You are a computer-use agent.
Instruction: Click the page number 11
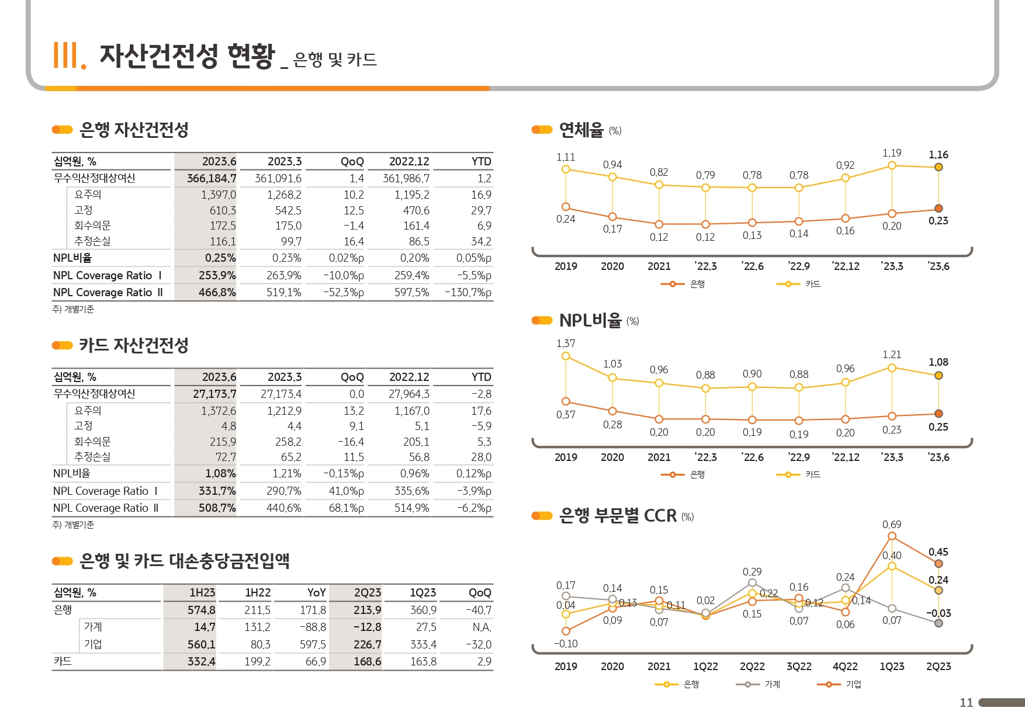coord(966,703)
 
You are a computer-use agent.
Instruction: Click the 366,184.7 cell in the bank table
coord(212,178)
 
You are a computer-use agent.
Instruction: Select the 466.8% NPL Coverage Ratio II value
coord(217,292)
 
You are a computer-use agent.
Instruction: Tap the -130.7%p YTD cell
coord(468,292)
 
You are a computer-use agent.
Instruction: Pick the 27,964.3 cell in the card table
coord(408,394)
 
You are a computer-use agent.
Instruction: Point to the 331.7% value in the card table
coord(217,491)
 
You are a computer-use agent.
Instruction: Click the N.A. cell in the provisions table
coord(482,627)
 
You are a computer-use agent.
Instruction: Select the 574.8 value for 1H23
coord(201,610)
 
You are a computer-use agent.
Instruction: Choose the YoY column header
coord(316,592)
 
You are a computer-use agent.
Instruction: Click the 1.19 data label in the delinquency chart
coord(892,153)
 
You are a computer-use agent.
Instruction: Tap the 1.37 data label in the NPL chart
coord(566,344)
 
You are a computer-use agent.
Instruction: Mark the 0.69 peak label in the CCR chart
coord(892,525)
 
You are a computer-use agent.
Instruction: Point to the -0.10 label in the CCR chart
coord(566,644)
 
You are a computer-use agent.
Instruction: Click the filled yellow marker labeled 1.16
coord(939,167)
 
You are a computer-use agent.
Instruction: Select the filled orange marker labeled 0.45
coord(939,564)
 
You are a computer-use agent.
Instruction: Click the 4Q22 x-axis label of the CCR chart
coord(845,667)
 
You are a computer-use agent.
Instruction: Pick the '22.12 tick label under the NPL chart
coord(845,457)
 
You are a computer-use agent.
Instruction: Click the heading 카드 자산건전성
coord(133,345)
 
